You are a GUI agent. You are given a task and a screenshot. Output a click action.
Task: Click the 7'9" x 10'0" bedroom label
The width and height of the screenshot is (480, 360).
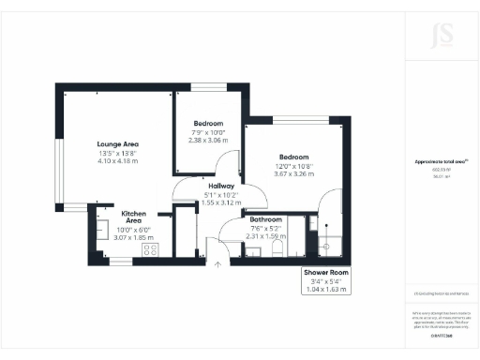(x=208, y=125)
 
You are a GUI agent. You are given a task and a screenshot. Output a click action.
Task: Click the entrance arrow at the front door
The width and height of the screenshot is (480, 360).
(x=218, y=265)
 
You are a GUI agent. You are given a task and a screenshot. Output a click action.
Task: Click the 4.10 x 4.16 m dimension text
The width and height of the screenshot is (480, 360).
(x=117, y=161)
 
